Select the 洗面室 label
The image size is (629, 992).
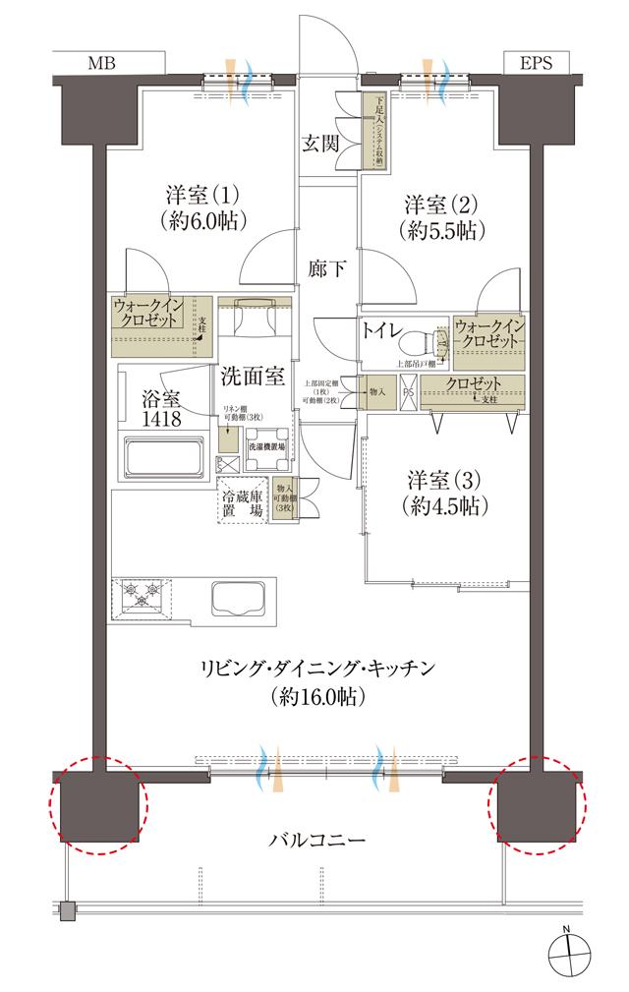coord(252,376)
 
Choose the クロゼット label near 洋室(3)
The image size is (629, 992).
coord(474,383)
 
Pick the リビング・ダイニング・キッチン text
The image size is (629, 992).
coord(316,669)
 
